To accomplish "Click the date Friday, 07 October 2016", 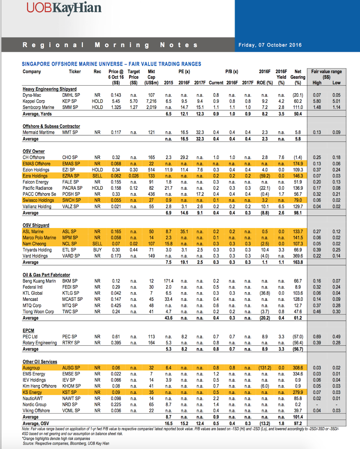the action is pyautogui.click(x=270, y=45).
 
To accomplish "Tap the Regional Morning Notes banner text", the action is pyautogui.click(x=110, y=45).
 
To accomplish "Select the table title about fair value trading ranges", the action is pyautogui.click(x=112, y=64).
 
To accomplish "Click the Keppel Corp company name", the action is pyautogui.click(x=34, y=101).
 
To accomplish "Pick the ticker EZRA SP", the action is pyautogui.click(x=71, y=176).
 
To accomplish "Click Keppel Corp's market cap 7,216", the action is pyautogui.click(x=151, y=101).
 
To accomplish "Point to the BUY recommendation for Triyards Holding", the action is pyautogui.click(x=97, y=250).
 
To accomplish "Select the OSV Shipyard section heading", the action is pyautogui.click(x=36, y=225).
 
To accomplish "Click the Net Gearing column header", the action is pyautogui.click(x=298, y=77).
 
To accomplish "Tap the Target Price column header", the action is pyautogui.click(x=134, y=77).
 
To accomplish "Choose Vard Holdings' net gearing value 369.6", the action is pyautogui.click(x=298, y=256).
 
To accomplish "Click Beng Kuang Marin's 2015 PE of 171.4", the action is pyautogui.click(x=168, y=281).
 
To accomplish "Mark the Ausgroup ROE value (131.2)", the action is pyautogui.click(x=265, y=368).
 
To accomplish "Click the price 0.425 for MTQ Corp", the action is pyautogui.click(x=116, y=305).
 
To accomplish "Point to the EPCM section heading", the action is pyautogui.click(x=28, y=330).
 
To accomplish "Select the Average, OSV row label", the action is pyautogui.click(x=36, y=423).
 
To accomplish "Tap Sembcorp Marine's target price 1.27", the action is pyautogui.click(x=134, y=107).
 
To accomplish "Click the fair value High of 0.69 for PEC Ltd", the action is pyautogui.click(x=317, y=336).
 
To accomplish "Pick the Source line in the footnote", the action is pyautogui.click(x=66, y=443).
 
